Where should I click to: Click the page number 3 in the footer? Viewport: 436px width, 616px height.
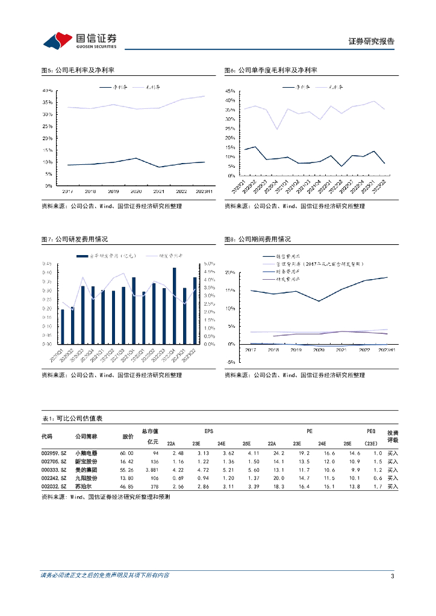pos(392,576)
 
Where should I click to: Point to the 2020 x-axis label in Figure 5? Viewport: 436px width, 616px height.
pos(136,191)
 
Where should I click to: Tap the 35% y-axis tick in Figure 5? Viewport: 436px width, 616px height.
pos(47,102)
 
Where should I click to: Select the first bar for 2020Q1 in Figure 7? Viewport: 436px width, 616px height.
pos(63,327)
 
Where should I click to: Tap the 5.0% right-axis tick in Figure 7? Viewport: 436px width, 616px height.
pos(209,264)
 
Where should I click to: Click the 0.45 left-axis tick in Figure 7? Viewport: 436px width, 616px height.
pos(47,264)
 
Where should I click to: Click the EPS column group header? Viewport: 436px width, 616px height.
pos(209,431)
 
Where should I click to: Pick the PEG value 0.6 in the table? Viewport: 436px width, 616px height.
pos(378,478)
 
